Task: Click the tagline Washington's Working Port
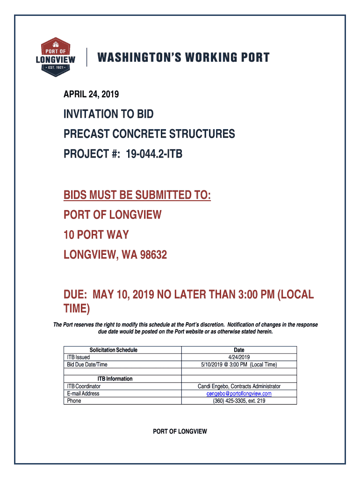point(183,58)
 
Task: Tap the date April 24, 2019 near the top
point(91,94)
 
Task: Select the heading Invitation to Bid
point(108,114)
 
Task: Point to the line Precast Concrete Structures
point(149,134)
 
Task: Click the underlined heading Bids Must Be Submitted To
point(137,195)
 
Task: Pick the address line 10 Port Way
point(96,234)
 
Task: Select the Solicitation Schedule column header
point(114,350)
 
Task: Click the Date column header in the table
point(239,350)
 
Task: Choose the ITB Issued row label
point(79,357)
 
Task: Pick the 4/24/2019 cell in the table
point(239,357)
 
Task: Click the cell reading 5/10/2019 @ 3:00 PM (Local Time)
point(239,364)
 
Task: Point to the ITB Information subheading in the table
point(115,379)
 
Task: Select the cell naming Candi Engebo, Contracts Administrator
point(239,386)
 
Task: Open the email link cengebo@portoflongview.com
point(239,393)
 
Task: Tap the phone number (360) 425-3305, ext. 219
point(239,401)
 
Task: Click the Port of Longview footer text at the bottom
point(180,431)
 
